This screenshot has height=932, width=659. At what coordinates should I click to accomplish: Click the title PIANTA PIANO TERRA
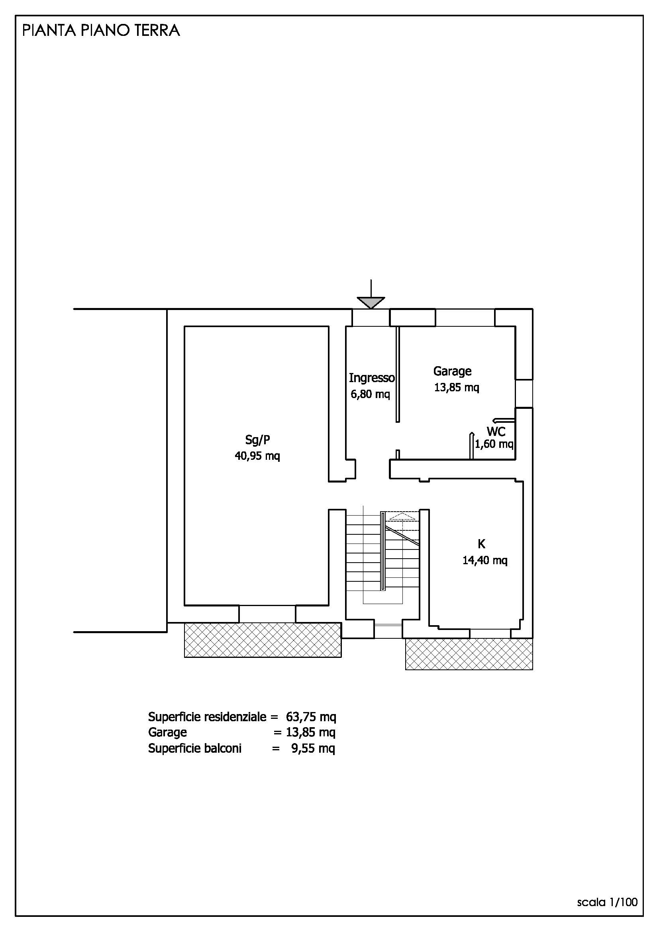[101, 31]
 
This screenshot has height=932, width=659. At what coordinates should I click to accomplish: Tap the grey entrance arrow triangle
[371, 302]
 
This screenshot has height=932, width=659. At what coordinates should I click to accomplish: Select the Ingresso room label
[372, 378]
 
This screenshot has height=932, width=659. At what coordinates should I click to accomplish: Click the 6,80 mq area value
[370, 394]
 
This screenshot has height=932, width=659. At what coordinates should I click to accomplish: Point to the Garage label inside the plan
[453, 371]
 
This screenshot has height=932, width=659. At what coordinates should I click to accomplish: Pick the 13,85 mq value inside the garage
[457, 387]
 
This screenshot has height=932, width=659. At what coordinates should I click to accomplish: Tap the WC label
[496, 431]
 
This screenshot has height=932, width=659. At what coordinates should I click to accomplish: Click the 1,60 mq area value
[494, 444]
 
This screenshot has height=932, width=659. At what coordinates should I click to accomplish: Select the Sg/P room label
[257, 440]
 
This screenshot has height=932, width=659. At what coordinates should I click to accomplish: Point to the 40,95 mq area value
[257, 456]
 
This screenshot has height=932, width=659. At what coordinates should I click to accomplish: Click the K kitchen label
[481, 544]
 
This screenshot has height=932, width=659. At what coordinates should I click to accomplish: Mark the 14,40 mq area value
[485, 560]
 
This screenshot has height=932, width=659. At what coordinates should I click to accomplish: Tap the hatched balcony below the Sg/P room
[263, 640]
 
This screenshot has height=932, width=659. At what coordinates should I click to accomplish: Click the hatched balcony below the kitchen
[469, 653]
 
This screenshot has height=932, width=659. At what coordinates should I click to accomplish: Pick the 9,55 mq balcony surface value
[313, 748]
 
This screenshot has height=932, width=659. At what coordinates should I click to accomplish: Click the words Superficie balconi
[195, 748]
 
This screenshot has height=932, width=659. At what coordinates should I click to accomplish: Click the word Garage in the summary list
[167, 732]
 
